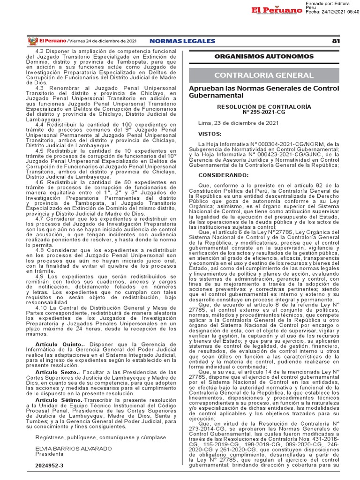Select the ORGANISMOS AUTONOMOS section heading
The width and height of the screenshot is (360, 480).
click(x=264, y=57)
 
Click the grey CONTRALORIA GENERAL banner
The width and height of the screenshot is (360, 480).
click(x=264, y=75)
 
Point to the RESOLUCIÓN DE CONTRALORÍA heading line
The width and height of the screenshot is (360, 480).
click(x=264, y=107)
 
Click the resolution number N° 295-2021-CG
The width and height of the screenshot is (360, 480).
click(x=264, y=112)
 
